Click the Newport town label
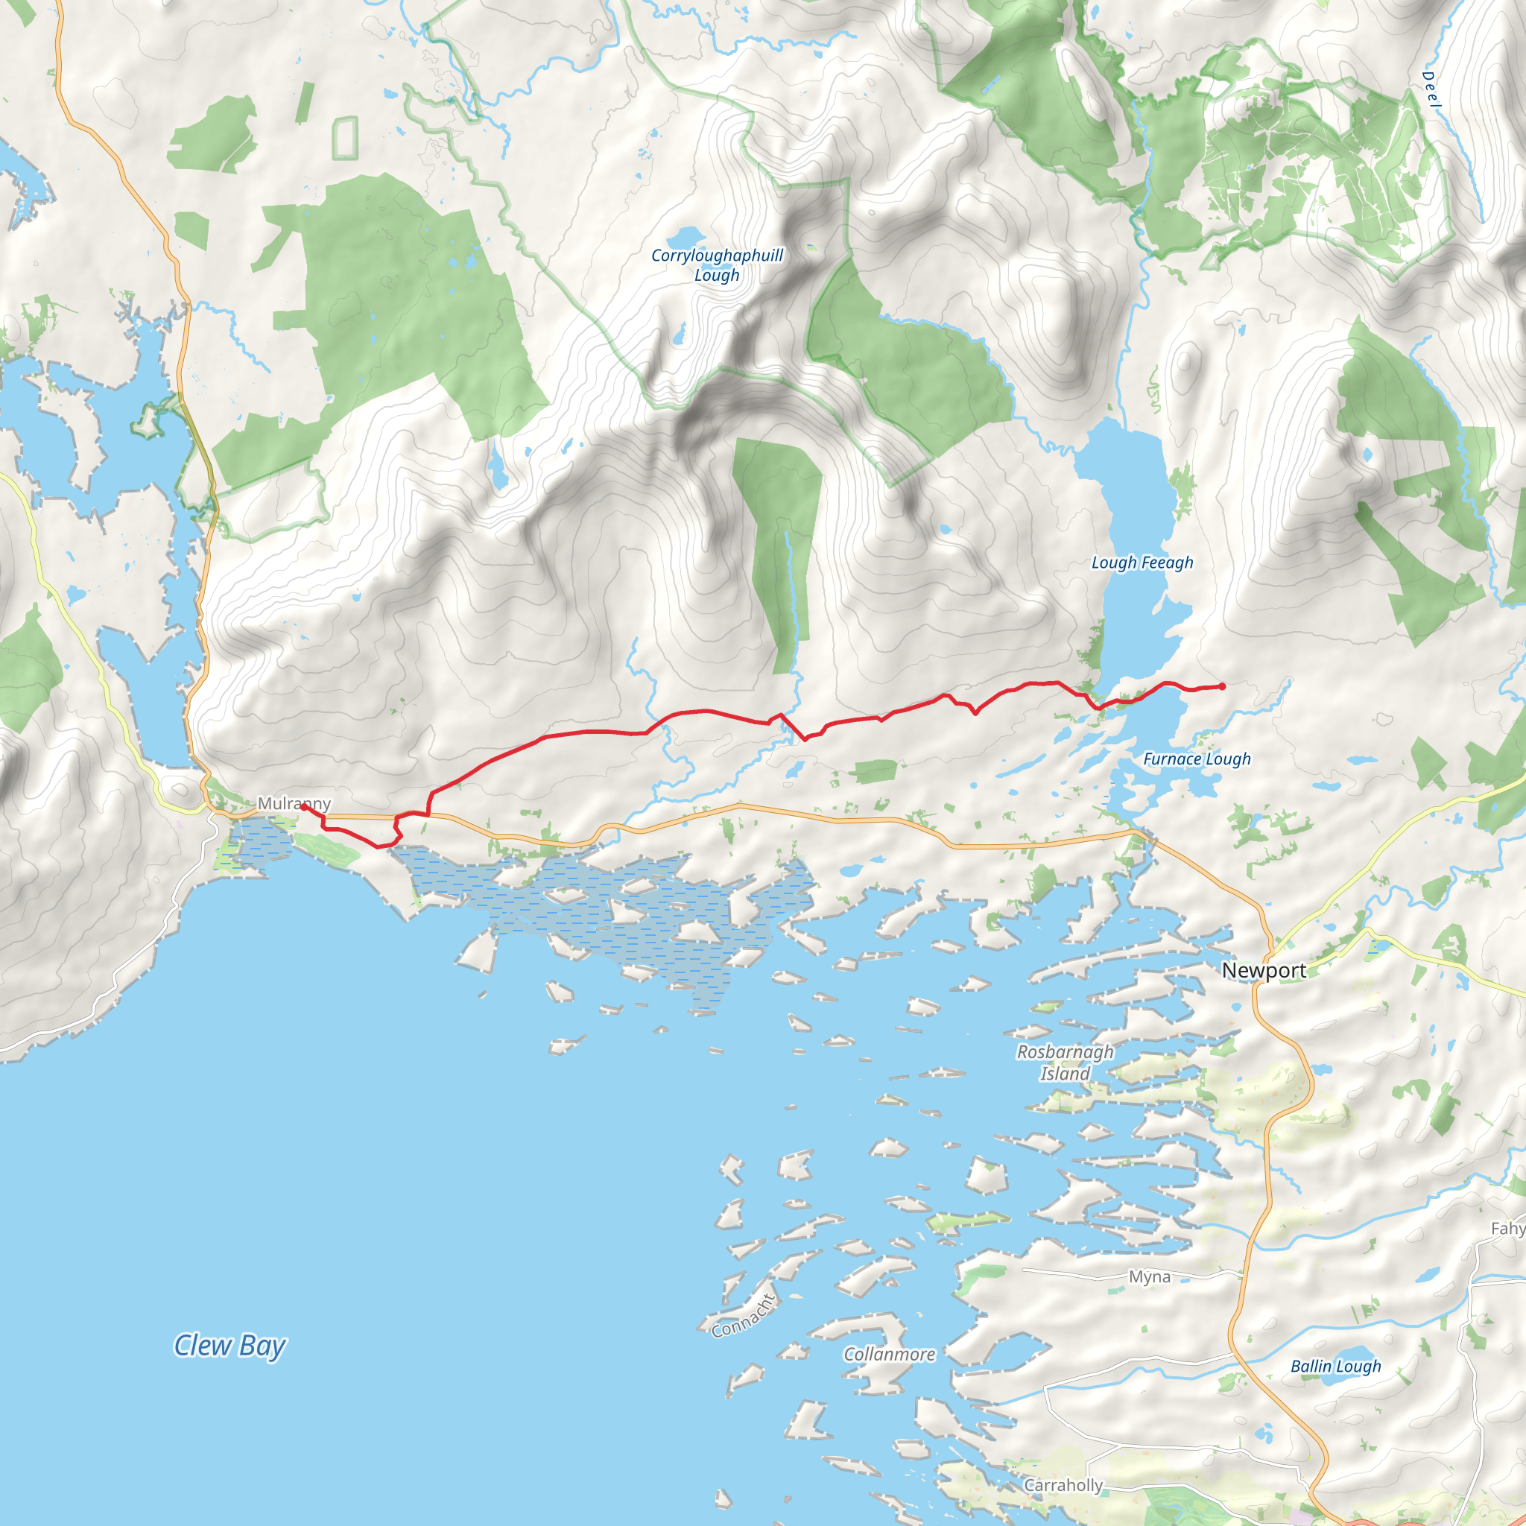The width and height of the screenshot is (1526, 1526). [x=1263, y=970]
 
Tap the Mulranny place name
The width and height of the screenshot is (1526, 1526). [x=294, y=803]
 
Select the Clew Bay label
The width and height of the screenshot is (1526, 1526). [x=229, y=1345]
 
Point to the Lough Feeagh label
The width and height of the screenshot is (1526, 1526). [x=1142, y=563]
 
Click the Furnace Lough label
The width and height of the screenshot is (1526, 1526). [x=1197, y=759]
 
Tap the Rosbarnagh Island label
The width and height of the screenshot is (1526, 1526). [x=1064, y=1063]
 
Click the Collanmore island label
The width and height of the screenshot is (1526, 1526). [x=889, y=1354]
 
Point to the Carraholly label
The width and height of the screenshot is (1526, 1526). [x=1063, y=1485]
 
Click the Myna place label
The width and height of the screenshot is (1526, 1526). [x=1149, y=1276]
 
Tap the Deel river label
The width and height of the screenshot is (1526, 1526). [x=1431, y=90]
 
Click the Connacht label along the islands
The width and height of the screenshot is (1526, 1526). [x=743, y=1317]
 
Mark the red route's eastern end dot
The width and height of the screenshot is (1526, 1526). [x=1222, y=686]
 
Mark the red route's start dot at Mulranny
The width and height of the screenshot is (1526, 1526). [x=303, y=806]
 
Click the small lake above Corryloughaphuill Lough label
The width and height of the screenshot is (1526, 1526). [x=685, y=236]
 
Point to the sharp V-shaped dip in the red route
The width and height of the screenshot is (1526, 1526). [x=804, y=739]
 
